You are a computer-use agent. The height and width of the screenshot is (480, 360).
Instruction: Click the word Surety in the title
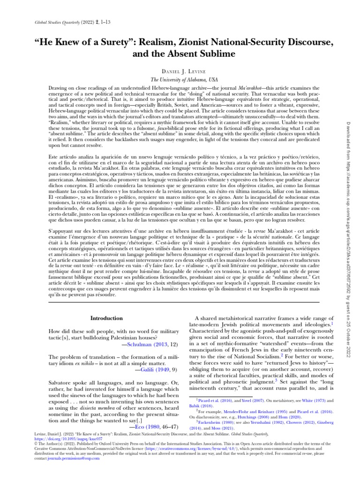click(111, 43)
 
